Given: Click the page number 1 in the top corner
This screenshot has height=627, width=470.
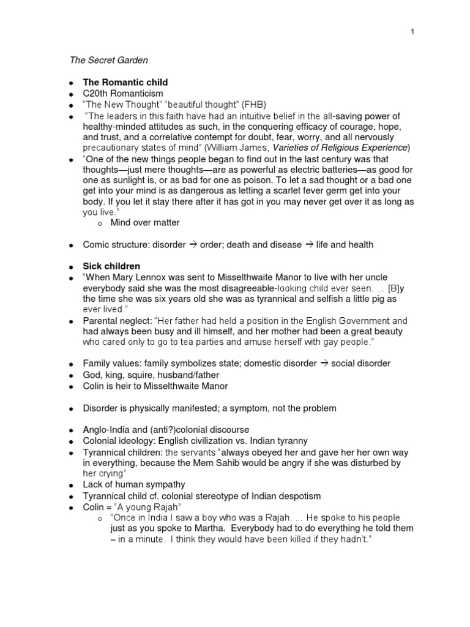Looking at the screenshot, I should (413, 32).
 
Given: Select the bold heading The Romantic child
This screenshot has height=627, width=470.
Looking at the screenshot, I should (125, 82).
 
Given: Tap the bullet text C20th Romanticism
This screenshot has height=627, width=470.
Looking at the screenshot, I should (123, 93).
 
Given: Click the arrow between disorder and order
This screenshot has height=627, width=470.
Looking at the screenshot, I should (192, 245).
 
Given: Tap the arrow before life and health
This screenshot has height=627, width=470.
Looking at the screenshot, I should (309, 245).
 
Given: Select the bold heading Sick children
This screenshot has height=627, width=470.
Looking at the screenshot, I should (111, 266).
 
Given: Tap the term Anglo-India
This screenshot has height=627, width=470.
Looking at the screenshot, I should (107, 430).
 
